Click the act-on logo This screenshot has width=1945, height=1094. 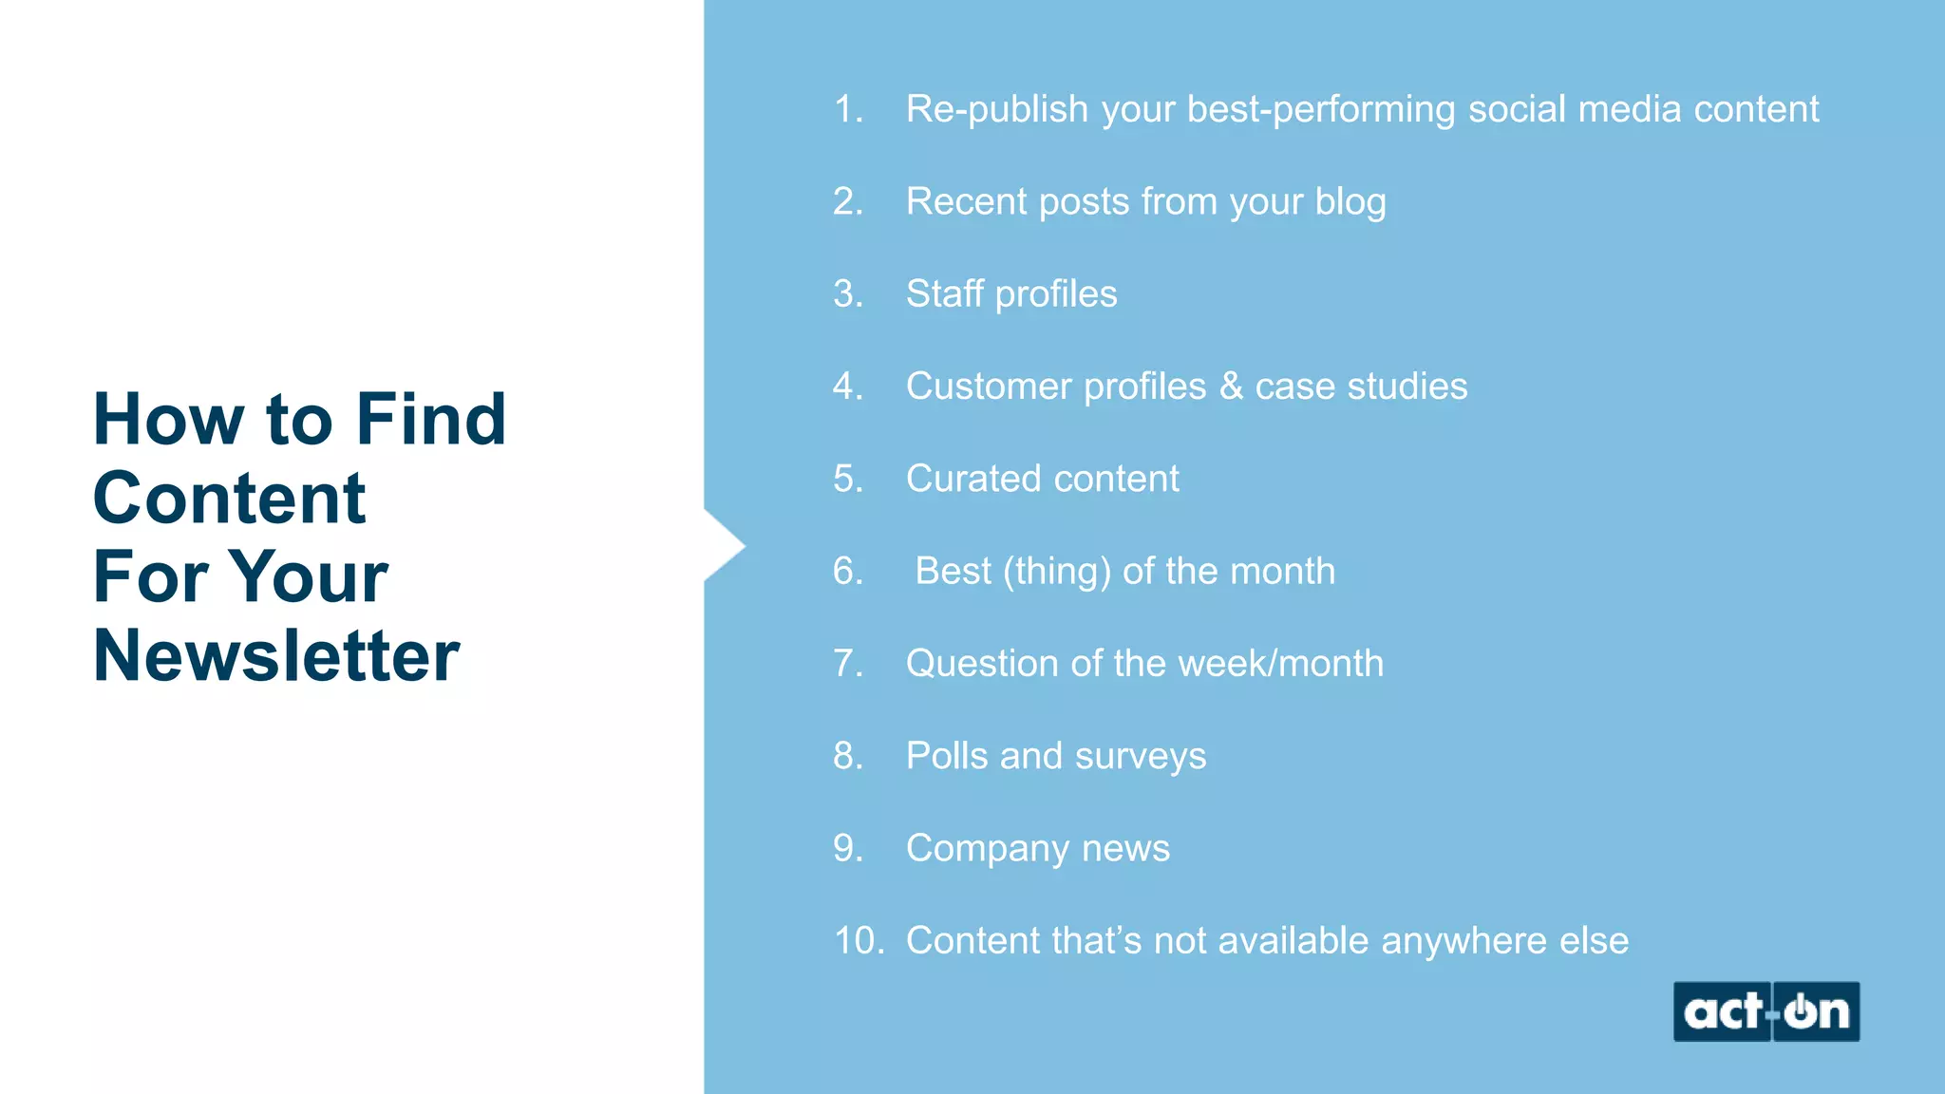(x=1766, y=1011)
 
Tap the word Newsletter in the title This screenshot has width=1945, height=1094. (x=276, y=655)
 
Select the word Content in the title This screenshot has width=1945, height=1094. (x=229, y=498)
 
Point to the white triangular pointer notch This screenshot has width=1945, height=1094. (x=723, y=546)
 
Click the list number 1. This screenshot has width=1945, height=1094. (x=847, y=109)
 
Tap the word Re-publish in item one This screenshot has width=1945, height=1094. (x=996, y=109)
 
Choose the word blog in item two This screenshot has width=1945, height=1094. (x=1350, y=202)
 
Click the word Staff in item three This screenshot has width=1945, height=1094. (x=944, y=293)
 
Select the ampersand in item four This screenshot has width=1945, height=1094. (x=1231, y=387)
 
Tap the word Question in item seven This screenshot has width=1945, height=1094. (x=982, y=663)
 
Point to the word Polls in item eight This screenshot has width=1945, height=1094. (x=947, y=756)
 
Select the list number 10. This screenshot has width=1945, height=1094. (x=858, y=940)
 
